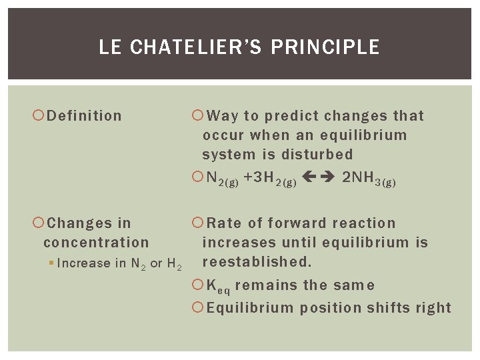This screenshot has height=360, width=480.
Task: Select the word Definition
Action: pyautogui.click(x=85, y=116)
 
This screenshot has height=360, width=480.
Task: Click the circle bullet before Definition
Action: pyautogui.click(x=38, y=116)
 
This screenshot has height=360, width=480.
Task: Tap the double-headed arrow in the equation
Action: pyautogui.click(x=318, y=177)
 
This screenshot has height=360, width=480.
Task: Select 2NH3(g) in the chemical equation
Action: pyautogui.click(x=369, y=179)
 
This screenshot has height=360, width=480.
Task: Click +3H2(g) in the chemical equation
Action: pyautogui.click(x=270, y=179)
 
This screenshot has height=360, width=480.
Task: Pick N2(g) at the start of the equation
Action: pyautogui.click(x=223, y=179)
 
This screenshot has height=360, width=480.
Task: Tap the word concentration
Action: pyautogui.click(x=96, y=243)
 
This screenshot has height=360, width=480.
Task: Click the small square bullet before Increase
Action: pyautogui.click(x=51, y=263)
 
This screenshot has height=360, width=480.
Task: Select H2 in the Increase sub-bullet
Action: pyautogui.click(x=173, y=264)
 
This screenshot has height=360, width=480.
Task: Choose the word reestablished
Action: pyautogui.click(x=257, y=262)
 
